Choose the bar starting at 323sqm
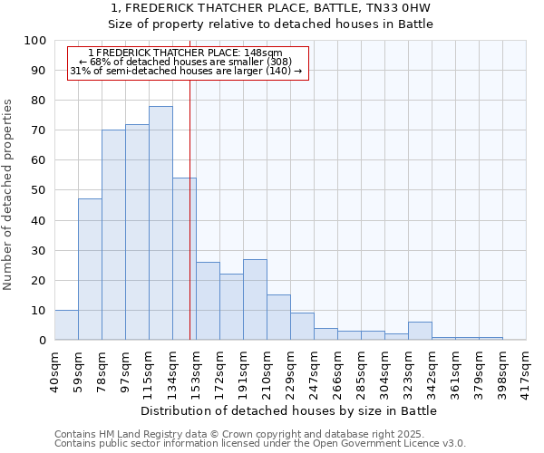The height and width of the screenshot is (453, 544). pyautogui.click(x=420, y=331)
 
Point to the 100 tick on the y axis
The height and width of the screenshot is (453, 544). pyautogui.click(x=35, y=41)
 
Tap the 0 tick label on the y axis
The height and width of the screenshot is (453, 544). pyautogui.click(x=43, y=340)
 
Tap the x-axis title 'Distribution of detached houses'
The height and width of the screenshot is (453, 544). pyautogui.click(x=290, y=410)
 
